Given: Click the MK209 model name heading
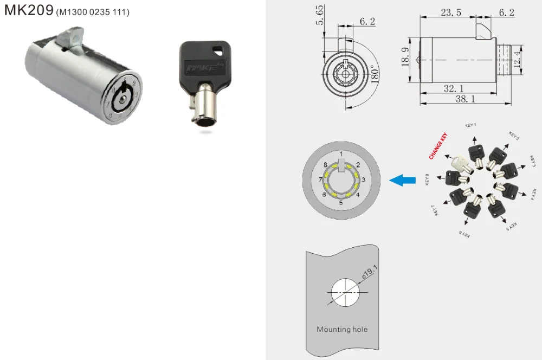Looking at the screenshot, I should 28,10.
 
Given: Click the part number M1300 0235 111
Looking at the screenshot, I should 93,12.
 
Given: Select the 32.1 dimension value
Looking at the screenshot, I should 450,87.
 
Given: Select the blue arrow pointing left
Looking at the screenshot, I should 402,180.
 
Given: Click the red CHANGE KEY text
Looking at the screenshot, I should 438,146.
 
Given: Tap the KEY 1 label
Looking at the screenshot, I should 470,125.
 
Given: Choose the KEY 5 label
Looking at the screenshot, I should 512,226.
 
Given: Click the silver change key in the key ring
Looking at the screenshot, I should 459,162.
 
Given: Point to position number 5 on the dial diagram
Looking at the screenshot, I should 341,203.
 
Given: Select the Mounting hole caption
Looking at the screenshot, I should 341,329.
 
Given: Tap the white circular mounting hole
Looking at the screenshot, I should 345,293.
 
